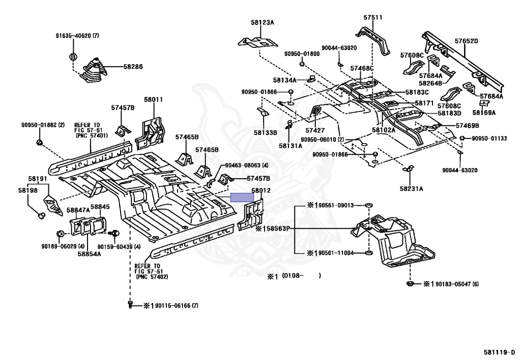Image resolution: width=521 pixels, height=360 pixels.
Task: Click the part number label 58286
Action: click(133, 67)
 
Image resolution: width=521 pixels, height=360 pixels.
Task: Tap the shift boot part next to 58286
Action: click(93, 70)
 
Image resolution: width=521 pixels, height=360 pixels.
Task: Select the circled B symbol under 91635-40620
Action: click(73, 57)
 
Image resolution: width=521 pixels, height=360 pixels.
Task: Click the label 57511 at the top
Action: click(373, 17)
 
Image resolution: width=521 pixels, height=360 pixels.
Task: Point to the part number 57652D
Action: click(466, 41)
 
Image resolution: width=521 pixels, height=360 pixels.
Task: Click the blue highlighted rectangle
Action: click(242, 198)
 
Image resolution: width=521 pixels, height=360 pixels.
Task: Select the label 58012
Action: click(261, 190)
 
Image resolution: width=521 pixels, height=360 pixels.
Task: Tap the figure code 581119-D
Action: click(501, 352)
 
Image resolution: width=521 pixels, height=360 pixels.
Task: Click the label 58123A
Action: click(263, 22)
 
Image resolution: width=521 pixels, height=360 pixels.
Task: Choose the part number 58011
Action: click(154, 99)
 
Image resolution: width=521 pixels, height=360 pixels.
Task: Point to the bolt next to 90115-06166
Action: click(130, 304)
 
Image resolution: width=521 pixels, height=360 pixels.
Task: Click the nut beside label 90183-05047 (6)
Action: click(410, 284)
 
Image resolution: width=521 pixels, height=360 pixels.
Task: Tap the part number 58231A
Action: click(411, 189)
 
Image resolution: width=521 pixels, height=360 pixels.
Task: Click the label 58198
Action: click(28, 190)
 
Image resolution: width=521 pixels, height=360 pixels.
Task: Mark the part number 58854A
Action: click(90, 254)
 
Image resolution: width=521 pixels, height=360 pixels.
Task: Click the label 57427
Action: click(315, 130)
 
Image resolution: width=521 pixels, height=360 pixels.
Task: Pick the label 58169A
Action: click(484, 113)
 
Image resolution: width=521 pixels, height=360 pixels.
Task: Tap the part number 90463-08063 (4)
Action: click(247, 165)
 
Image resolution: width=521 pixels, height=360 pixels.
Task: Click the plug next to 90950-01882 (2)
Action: click(40, 143)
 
